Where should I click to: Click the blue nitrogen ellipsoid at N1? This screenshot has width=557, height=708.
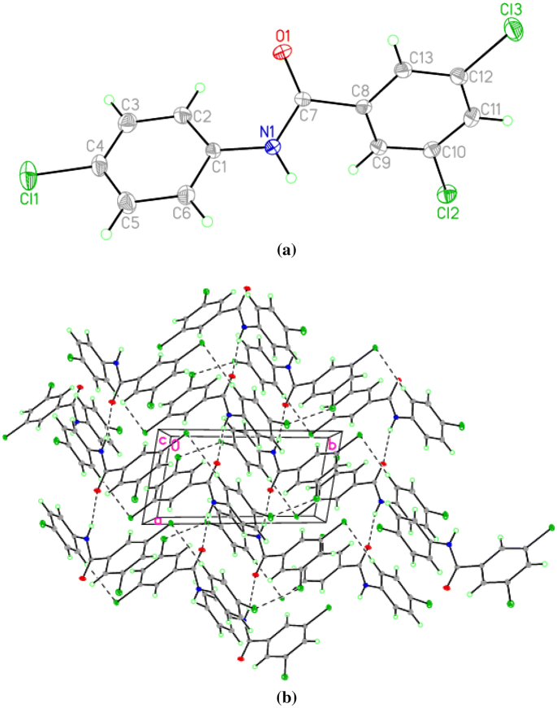[x=273, y=147]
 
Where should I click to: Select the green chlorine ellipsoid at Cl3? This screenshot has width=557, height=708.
[x=514, y=30]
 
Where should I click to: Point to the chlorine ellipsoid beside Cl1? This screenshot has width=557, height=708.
[x=28, y=173]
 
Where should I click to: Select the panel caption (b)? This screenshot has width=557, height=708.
[x=285, y=697]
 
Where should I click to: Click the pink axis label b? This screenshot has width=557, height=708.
[x=332, y=446]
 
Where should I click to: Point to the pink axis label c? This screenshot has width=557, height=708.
[x=163, y=441]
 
